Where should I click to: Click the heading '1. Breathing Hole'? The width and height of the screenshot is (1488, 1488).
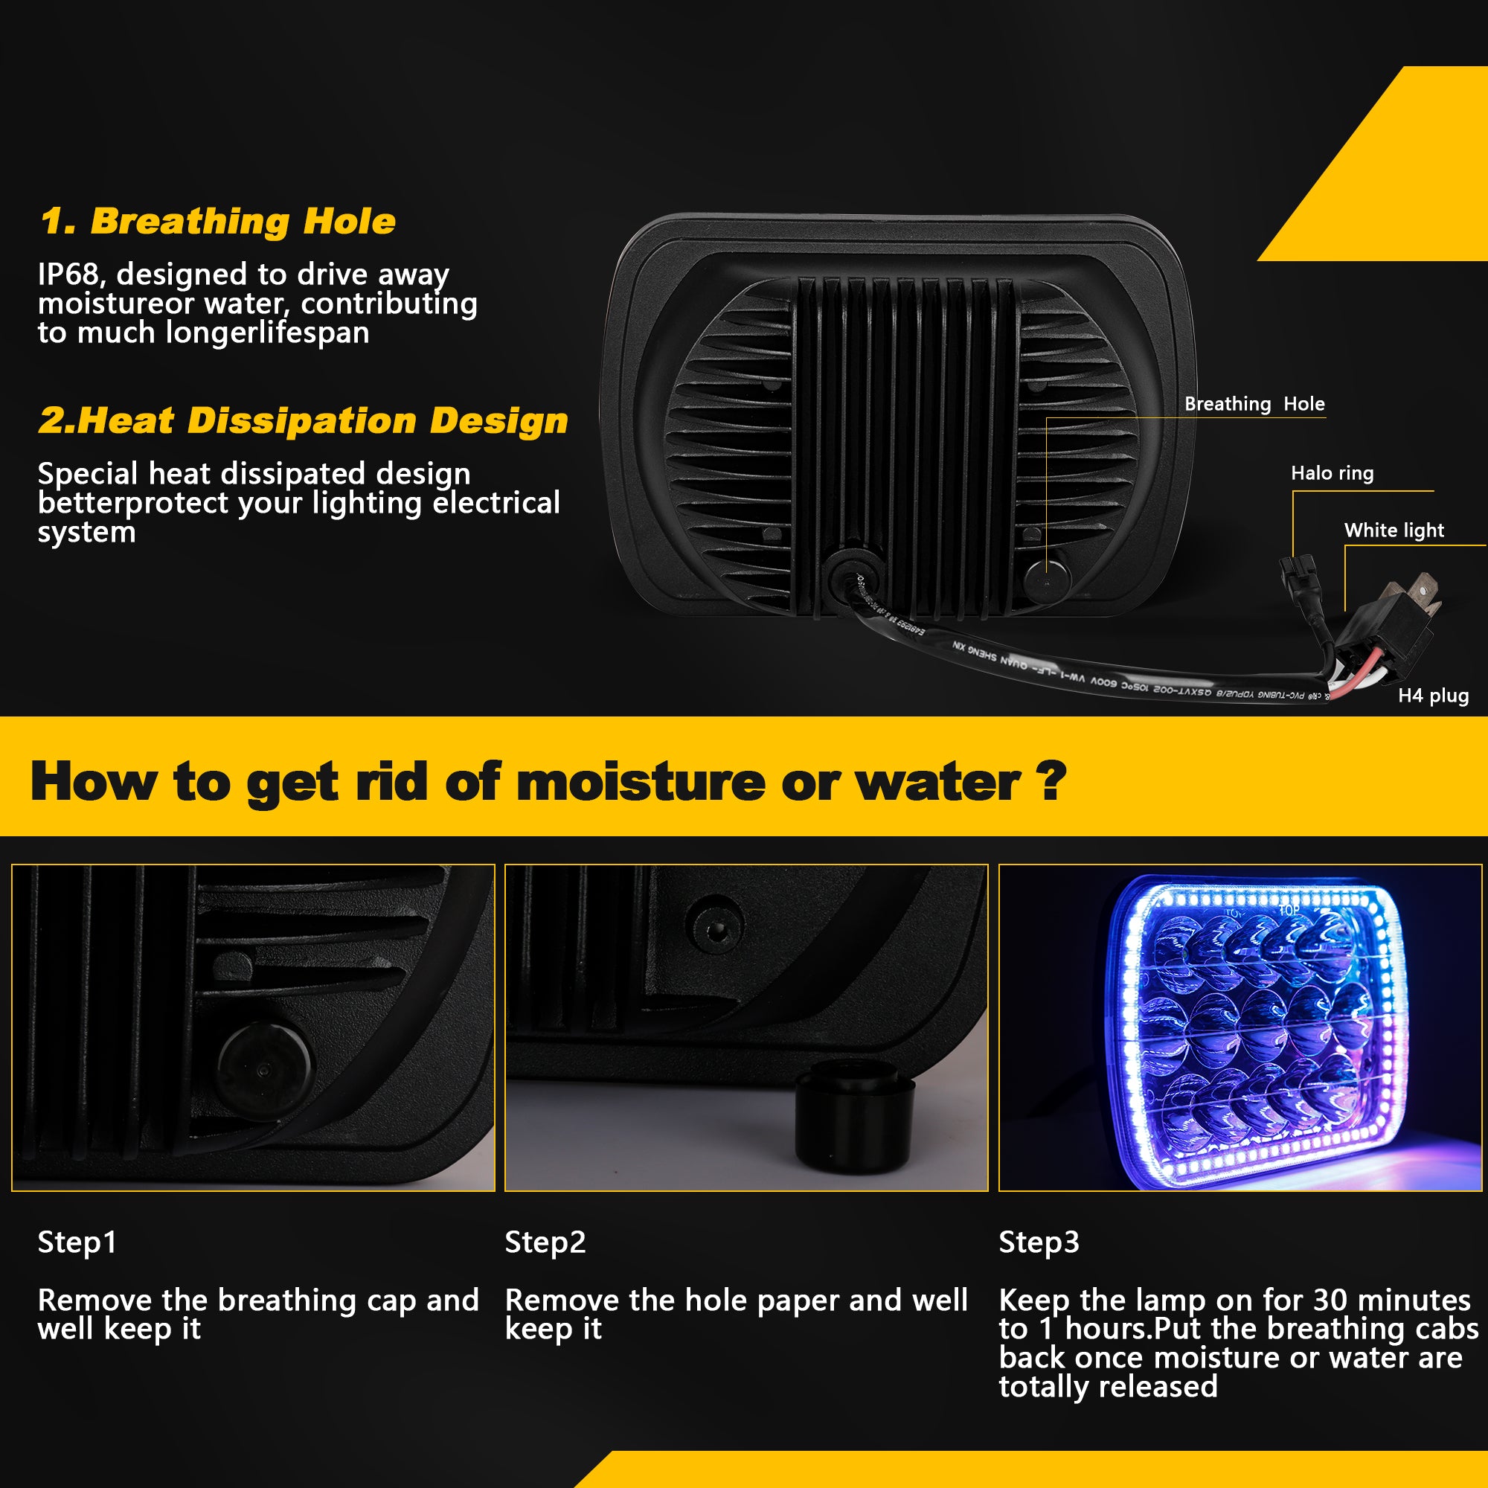(218, 222)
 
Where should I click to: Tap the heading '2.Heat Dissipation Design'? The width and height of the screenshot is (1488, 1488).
(303, 421)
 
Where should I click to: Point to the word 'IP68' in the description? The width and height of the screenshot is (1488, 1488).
(68, 275)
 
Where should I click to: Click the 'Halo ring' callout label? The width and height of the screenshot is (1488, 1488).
(1332, 473)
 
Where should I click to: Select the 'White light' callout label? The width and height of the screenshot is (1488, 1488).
(1394, 530)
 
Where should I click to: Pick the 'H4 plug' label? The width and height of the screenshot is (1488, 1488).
(1432, 696)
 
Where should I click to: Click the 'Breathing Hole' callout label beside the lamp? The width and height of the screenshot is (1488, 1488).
(1254, 403)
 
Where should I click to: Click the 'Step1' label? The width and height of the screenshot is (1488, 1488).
(77, 1242)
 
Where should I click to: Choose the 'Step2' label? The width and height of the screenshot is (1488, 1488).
(545, 1242)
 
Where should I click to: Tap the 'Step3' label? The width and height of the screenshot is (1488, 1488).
(1039, 1242)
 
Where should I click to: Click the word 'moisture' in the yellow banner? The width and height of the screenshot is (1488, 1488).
(641, 783)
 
